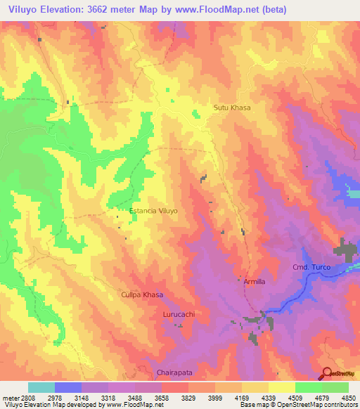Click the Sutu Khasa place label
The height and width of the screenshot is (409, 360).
point(232,108)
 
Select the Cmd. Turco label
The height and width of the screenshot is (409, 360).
point(310,268)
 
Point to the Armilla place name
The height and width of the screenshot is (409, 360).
point(255,282)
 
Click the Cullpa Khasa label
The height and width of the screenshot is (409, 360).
point(142,297)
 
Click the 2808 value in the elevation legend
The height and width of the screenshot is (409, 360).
point(28,397)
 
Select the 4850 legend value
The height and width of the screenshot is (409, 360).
point(349,397)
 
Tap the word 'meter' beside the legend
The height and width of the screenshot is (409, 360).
point(10,397)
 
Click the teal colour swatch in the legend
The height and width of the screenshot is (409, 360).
point(41,387)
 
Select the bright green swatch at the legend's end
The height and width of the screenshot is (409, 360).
point(335,387)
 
